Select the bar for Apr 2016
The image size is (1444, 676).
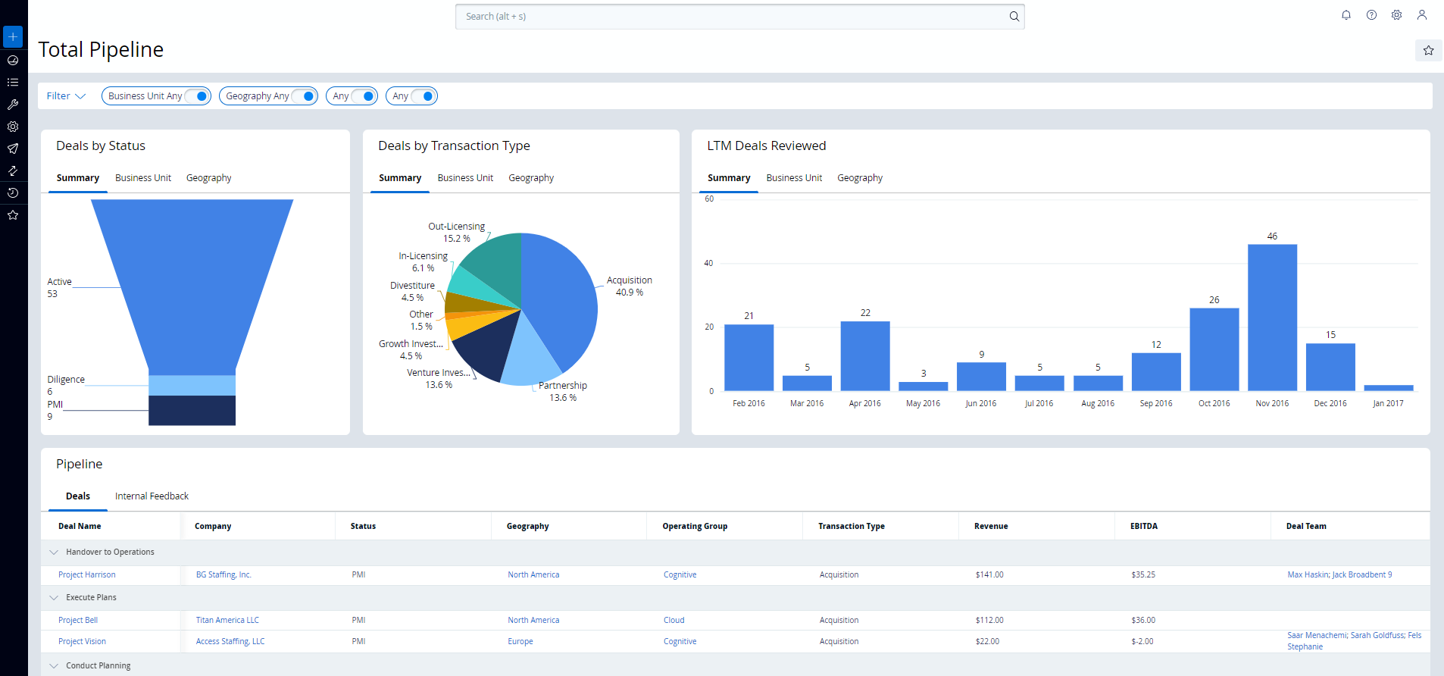coord(864,355)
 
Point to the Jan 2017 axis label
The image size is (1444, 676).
coord(1388,404)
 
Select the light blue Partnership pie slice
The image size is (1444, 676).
coord(531,355)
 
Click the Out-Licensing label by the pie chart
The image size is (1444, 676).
coord(456,227)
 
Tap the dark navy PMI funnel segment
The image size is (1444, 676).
coord(192,411)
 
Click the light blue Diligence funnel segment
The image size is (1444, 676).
coord(192,385)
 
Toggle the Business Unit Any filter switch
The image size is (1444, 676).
coord(197,96)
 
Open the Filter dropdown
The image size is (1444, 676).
coord(66,96)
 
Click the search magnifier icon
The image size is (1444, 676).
coord(1014,17)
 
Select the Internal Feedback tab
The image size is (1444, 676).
coord(152,496)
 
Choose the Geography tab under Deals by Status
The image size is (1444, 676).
coord(208,178)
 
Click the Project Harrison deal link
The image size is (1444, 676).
coord(87,575)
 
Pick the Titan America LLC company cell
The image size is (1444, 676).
coord(227,621)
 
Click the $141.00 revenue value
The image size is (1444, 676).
coord(989,575)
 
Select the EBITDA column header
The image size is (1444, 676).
coord(1143,526)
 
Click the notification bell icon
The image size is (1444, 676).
coord(1346,15)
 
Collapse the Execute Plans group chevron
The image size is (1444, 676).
coord(54,598)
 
